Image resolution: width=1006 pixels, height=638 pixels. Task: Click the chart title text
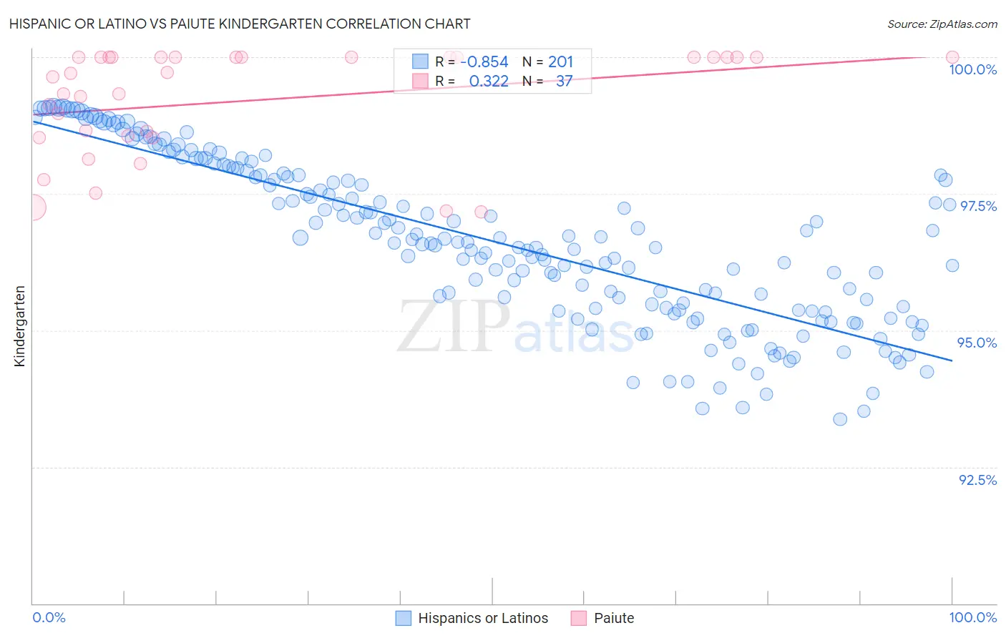pyautogui.click(x=240, y=24)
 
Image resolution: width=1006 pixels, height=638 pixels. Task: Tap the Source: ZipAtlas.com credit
pyautogui.click(x=942, y=24)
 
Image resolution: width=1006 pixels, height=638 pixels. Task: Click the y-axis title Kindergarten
pyautogui.click(x=20, y=326)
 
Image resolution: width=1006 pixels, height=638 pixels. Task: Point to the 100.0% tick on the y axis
pyautogui.click(x=972, y=69)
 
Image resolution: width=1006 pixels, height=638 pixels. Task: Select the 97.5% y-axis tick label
pyautogui.click(x=978, y=206)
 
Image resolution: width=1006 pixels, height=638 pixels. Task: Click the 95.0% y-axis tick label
pyautogui.click(x=977, y=343)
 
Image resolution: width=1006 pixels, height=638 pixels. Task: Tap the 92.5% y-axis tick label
pyautogui.click(x=977, y=480)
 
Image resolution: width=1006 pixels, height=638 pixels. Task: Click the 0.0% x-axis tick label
pyautogui.click(x=49, y=618)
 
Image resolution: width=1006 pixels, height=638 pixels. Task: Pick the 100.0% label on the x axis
pyautogui.click(x=972, y=618)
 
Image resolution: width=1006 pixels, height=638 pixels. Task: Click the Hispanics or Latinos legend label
pyautogui.click(x=483, y=619)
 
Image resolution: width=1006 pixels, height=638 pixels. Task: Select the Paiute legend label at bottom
pyautogui.click(x=614, y=619)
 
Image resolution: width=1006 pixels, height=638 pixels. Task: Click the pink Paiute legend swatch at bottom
pyautogui.click(x=578, y=619)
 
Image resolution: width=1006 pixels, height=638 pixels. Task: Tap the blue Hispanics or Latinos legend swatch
pyautogui.click(x=404, y=619)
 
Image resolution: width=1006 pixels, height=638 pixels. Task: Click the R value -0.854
pyautogui.click(x=484, y=62)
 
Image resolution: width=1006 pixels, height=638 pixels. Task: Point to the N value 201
pyautogui.click(x=560, y=62)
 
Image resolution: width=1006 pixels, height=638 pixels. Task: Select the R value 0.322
pyautogui.click(x=489, y=82)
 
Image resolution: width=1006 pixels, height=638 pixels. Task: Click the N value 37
pyautogui.click(x=564, y=82)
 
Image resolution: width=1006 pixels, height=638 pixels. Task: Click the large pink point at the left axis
pyautogui.click(x=32, y=207)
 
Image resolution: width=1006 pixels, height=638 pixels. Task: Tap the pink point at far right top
pyautogui.click(x=952, y=57)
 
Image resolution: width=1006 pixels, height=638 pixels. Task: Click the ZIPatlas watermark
pyautogui.click(x=515, y=328)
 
